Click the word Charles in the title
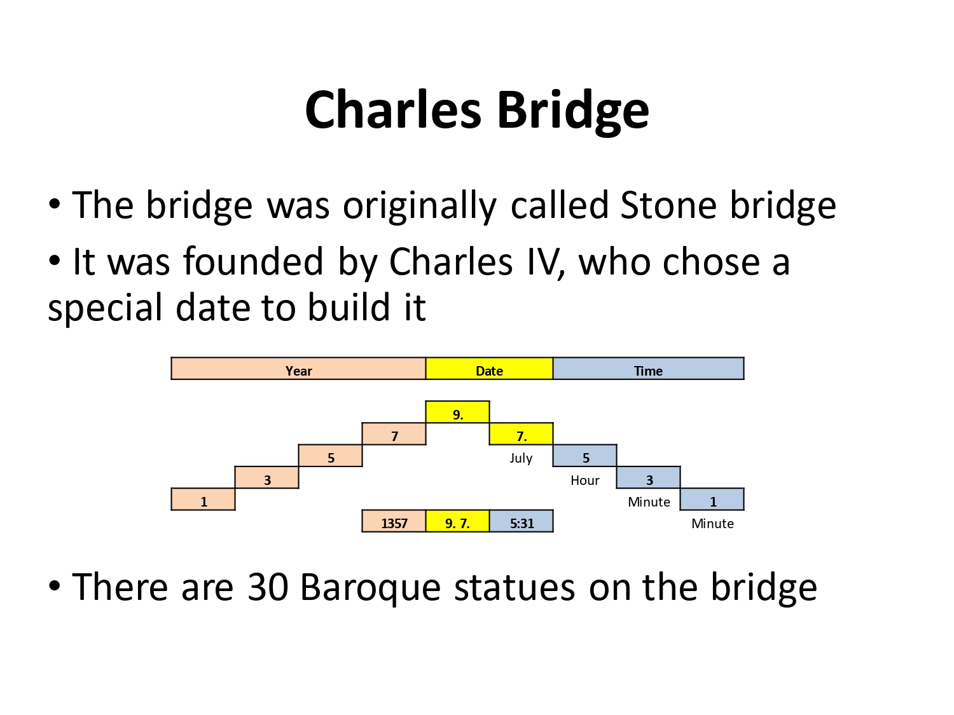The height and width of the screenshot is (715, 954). (393, 109)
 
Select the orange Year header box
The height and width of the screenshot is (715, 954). (298, 368)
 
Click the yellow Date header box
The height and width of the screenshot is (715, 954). (489, 368)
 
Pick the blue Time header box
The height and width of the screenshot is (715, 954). (648, 368)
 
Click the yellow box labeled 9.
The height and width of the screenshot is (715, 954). (457, 412)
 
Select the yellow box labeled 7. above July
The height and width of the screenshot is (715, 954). (521, 433)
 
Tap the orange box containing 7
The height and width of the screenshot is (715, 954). (394, 433)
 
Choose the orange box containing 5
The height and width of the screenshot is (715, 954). (330, 456)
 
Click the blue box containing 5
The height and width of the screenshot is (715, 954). (584, 456)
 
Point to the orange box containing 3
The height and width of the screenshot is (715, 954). (267, 477)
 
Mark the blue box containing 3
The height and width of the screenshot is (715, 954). (649, 477)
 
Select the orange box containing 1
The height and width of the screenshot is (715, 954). (203, 499)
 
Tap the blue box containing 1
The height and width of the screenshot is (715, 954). (712, 499)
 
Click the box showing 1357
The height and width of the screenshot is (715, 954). (394, 521)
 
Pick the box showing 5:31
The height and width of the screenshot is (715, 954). (521, 521)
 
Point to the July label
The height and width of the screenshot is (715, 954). (521, 458)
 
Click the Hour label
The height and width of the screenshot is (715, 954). (584, 480)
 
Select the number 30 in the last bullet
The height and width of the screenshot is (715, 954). (268, 587)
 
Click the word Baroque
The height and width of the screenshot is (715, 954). (370, 589)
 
